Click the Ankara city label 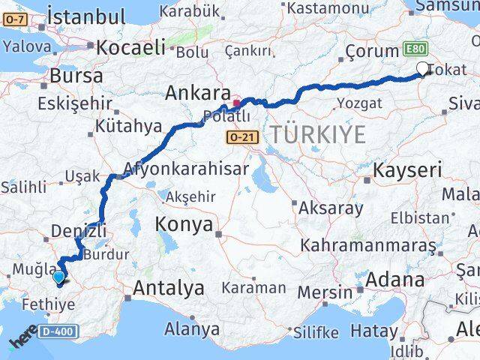coord(197,94)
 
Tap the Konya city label coord(184,224)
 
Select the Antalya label coord(169,287)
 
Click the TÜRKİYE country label coord(318,135)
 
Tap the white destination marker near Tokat coord(422,70)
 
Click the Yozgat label coord(354,103)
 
